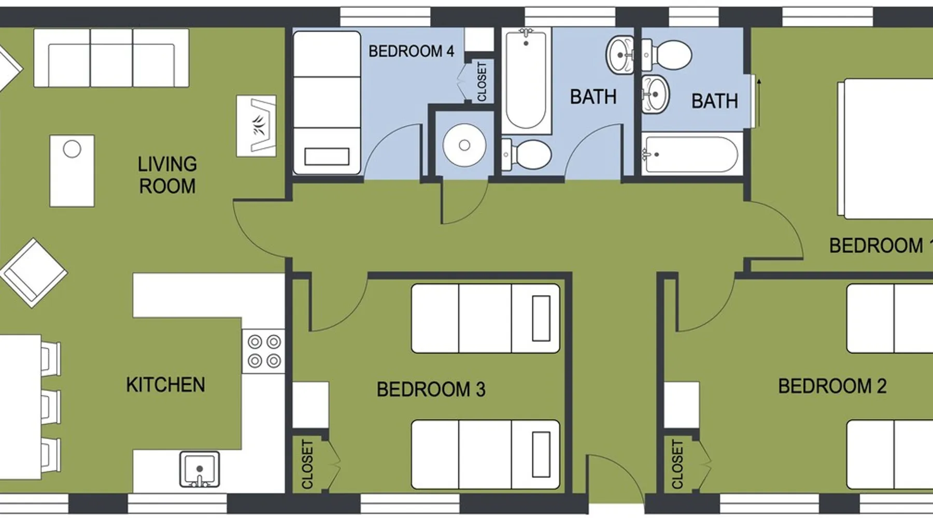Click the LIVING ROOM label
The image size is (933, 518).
click(x=167, y=175)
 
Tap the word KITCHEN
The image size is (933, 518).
click(x=165, y=385)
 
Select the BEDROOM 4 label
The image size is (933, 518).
click(x=411, y=51)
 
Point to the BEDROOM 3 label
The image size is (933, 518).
click(x=431, y=389)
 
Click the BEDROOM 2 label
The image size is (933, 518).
click(x=832, y=386)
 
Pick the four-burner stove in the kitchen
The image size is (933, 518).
click(x=264, y=351)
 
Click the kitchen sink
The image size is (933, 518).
click(x=200, y=469)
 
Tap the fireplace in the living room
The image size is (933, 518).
click(x=257, y=126)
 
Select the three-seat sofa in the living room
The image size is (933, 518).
click(x=111, y=57)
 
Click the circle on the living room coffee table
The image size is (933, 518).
click(x=72, y=149)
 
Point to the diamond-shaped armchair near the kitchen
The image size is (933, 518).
click(x=34, y=273)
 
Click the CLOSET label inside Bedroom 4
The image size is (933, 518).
click(x=482, y=82)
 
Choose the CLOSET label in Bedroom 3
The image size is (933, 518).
click(x=307, y=464)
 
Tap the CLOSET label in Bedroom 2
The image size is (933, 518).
click(x=677, y=464)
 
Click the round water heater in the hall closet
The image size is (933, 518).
click(x=464, y=145)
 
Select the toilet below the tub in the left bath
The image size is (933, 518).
click(x=526, y=154)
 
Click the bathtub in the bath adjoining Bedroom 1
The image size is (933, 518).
click(x=690, y=154)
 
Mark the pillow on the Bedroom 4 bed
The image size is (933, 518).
click(x=327, y=156)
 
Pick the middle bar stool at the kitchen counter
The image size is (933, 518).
click(x=51, y=407)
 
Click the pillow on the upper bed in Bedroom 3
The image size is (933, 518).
click(x=541, y=318)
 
